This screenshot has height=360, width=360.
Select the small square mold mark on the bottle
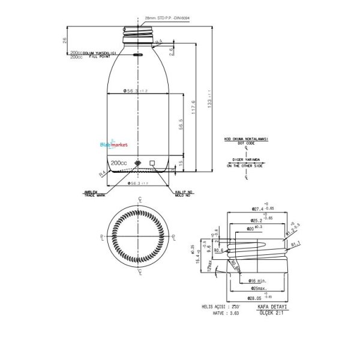[x=152, y=163]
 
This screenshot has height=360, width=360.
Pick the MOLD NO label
[x=183, y=196]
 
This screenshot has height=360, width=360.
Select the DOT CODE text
[x=246, y=144]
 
